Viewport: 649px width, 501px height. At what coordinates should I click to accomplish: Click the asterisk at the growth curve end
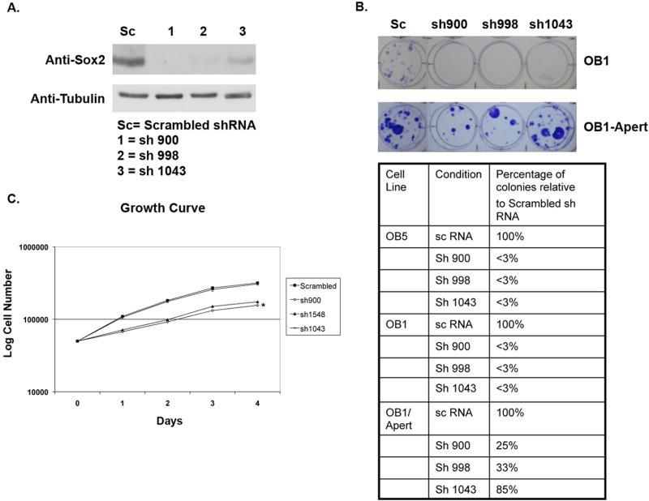(x=263, y=306)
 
